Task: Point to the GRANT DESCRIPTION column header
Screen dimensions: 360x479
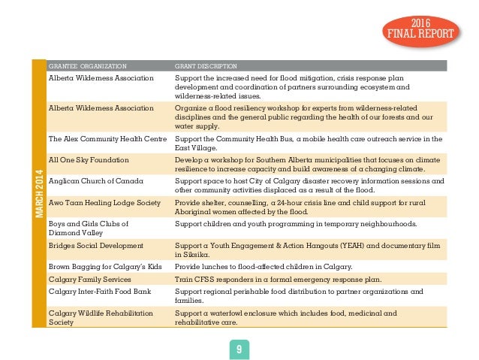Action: [x=206, y=65]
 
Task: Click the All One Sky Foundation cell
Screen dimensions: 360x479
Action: [x=89, y=160]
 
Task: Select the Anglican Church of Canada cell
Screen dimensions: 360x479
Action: [x=95, y=181]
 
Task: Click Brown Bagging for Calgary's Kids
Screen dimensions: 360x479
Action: [x=101, y=266]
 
